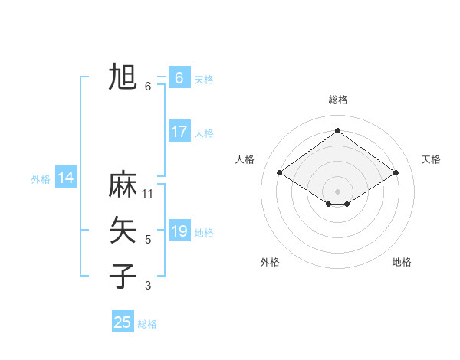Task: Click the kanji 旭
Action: [x=123, y=77]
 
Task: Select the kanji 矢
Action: [x=123, y=230]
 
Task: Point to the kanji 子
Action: [x=123, y=275]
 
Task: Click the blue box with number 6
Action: [x=179, y=77]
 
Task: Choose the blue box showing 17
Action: [x=179, y=132]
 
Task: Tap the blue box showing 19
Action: [x=179, y=231]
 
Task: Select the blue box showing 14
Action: [x=66, y=178]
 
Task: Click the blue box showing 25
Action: [x=123, y=322]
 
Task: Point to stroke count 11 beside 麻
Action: [x=148, y=193]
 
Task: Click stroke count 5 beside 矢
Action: [x=148, y=240]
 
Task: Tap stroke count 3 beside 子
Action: [x=148, y=286]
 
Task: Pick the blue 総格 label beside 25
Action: [x=147, y=324]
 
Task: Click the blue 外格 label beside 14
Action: [x=41, y=179]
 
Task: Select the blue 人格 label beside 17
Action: [x=204, y=133]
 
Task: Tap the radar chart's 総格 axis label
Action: [x=337, y=100]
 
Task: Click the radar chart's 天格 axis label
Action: [x=431, y=159]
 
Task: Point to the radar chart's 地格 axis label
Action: [x=402, y=262]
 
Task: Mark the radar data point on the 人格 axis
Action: [x=280, y=173]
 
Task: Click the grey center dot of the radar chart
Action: [x=337, y=191]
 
